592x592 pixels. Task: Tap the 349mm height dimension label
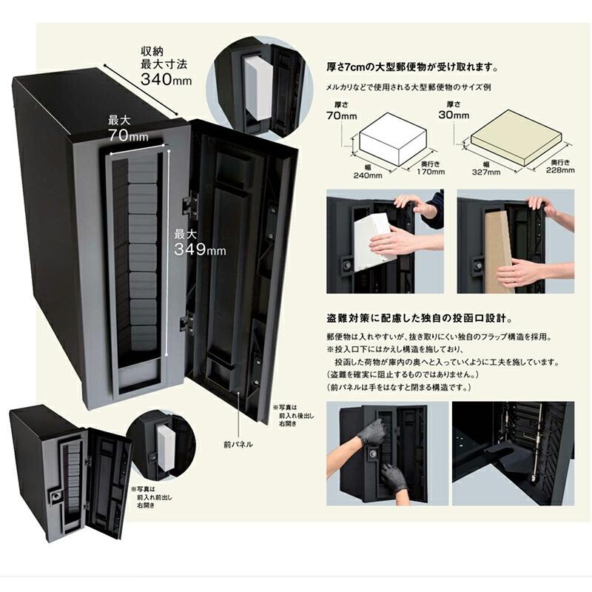(x=199, y=243)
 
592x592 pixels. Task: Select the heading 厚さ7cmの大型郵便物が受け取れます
(x=411, y=65)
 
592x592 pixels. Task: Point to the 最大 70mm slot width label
(x=127, y=128)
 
